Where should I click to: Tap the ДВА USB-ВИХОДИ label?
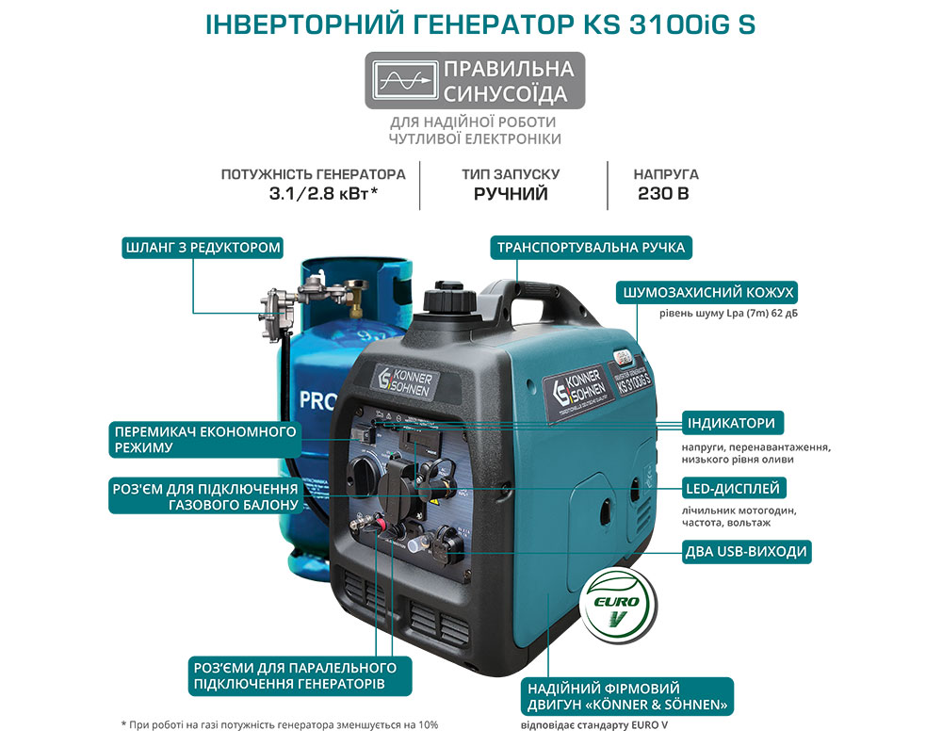745,551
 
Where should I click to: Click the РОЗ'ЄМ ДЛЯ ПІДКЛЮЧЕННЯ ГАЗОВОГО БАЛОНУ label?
205,495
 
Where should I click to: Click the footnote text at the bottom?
280,724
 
